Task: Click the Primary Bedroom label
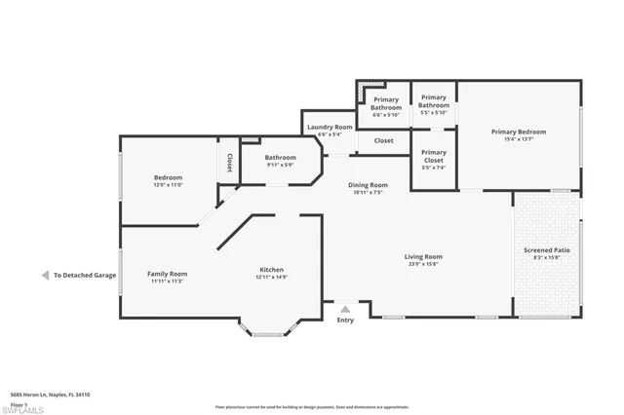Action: (x=518, y=132)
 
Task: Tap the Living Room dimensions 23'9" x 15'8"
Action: (x=424, y=264)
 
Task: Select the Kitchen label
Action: (x=271, y=270)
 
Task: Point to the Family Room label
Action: (x=167, y=274)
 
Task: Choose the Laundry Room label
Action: (x=330, y=127)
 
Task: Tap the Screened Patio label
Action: (x=546, y=250)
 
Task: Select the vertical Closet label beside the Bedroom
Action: (x=230, y=163)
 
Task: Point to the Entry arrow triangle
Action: (x=345, y=308)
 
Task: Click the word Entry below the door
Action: (x=345, y=320)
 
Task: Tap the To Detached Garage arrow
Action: (x=45, y=276)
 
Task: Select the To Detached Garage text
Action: (x=85, y=276)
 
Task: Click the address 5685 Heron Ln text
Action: (x=50, y=395)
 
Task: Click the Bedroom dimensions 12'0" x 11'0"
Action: (x=168, y=184)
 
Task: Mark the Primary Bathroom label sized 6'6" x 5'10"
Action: (x=385, y=107)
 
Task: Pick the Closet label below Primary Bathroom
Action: (x=383, y=140)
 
